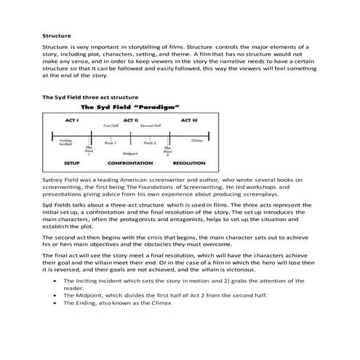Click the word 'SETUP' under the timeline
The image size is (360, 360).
point(71,163)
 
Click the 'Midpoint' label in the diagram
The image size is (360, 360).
point(131,153)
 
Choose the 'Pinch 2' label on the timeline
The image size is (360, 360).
point(150,143)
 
